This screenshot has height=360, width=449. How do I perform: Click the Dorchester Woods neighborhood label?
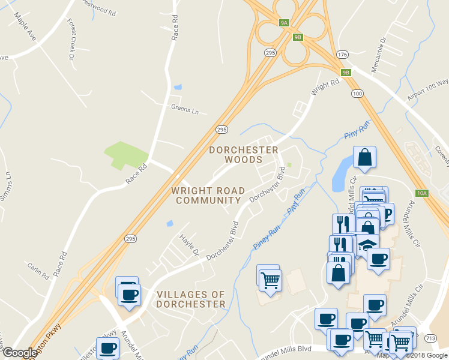click(x=243, y=154)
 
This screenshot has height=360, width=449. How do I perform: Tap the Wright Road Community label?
click(x=208, y=195)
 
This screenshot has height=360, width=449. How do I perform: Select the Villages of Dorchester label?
click(x=191, y=299)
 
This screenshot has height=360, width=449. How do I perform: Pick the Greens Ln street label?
click(x=184, y=109)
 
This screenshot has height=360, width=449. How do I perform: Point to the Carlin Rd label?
click(x=38, y=271)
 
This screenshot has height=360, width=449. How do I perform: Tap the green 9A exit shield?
click(x=285, y=23)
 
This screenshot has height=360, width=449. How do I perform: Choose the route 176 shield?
click(x=342, y=55)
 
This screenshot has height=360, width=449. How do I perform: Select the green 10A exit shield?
click(x=423, y=193)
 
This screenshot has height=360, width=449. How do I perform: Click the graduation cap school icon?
click(x=367, y=244)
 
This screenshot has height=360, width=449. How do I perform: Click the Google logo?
click(x=20, y=353)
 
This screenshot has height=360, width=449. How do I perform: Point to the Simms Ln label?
click(x=7, y=182)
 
